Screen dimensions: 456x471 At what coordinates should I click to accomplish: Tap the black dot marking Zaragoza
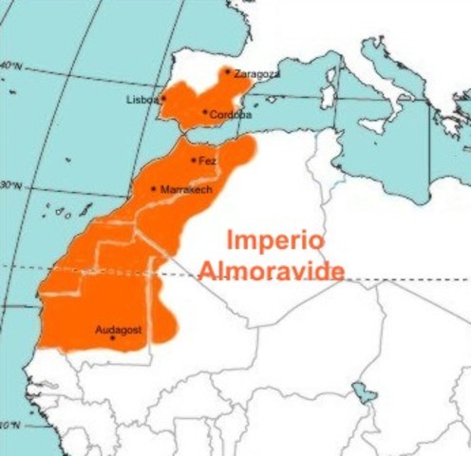(x=227, y=71)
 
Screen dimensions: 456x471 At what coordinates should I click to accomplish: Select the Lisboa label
(x=141, y=99)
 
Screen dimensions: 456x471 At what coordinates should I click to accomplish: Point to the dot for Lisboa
(x=163, y=98)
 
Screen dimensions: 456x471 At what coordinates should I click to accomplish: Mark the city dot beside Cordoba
(x=205, y=112)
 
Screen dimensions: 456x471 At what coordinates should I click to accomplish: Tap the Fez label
(x=208, y=161)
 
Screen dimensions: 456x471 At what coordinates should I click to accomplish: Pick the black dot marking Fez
(x=194, y=160)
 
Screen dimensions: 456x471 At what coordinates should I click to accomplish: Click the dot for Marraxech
(x=154, y=188)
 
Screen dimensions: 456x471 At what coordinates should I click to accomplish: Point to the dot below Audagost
(x=113, y=339)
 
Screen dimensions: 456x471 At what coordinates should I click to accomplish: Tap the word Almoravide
(x=272, y=272)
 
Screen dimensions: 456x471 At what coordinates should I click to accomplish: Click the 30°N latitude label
(x=9, y=185)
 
